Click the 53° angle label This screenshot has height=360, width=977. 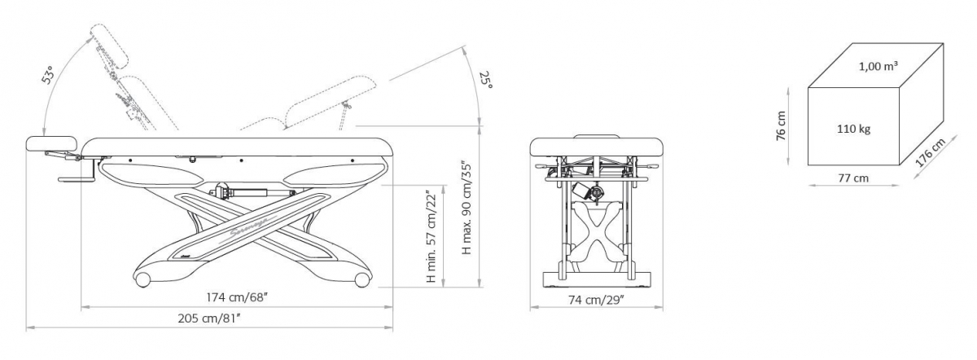[49, 75]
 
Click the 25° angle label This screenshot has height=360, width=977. [486, 80]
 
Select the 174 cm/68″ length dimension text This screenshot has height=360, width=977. [236, 297]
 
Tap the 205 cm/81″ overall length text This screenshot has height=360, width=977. [209, 318]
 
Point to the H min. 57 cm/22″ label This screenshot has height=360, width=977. [432, 236]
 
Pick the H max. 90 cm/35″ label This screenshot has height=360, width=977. [467, 209]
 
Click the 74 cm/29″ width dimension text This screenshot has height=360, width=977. [596, 301]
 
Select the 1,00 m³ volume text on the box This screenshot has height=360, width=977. [878, 66]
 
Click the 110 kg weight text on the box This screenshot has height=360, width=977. [853, 130]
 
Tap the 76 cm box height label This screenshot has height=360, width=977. [781, 125]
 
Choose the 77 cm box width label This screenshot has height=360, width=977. [853, 178]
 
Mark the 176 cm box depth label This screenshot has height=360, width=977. [930, 152]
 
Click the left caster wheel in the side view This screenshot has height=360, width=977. [142, 279]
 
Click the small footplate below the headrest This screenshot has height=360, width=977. [77, 179]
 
